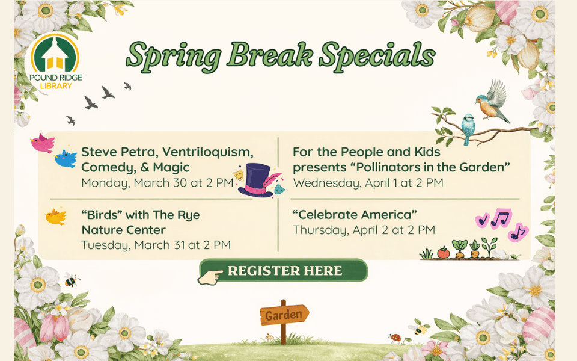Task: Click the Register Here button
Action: point(283,270)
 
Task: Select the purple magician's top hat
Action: point(256,179)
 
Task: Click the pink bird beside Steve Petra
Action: point(42,143)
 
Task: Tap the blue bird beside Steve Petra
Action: point(66,158)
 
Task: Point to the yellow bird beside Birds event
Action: point(56,216)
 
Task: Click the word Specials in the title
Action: point(377,55)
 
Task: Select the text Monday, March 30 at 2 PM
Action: point(157,183)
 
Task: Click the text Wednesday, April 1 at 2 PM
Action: point(368,182)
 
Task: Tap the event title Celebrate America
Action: point(355,215)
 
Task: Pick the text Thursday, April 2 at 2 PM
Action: point(364,230)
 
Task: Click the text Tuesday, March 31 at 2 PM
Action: point(156,245)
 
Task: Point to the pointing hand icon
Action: point(210,276)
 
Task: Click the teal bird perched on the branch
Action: point(468,128)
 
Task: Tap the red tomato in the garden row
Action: point(443,253)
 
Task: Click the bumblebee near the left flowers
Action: point(72,280)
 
